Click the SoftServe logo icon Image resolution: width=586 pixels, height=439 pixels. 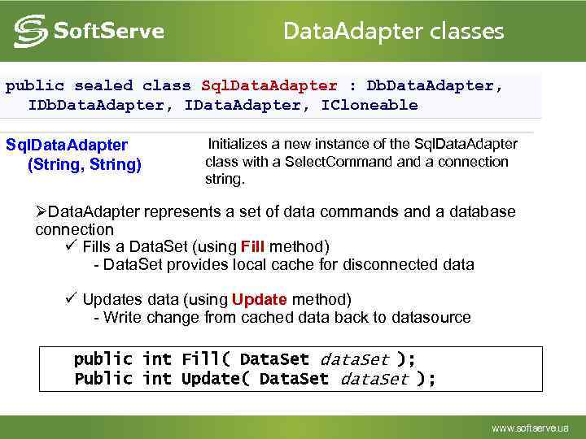29,32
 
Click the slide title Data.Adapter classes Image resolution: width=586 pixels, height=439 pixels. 393,32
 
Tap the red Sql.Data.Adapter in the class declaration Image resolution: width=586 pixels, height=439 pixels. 269,85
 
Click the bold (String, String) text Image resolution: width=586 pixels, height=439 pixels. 85,165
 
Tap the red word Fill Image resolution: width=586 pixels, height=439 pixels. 253,246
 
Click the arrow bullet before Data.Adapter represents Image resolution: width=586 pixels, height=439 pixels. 42,212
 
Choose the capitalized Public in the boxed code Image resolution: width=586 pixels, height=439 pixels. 103,379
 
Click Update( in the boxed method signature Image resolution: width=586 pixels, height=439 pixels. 216,379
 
